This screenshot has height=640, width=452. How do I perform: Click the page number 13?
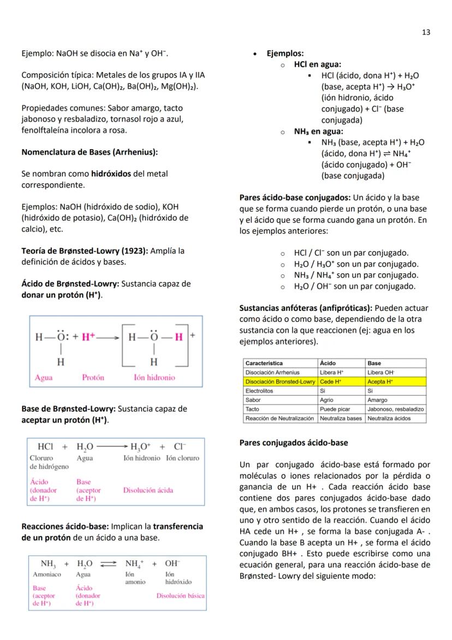[426, 32]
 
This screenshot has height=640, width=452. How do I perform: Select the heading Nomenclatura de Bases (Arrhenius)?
[90, 152]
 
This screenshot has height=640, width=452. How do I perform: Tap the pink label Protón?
[93, 377]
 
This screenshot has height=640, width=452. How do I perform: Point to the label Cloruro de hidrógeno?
[49, 462]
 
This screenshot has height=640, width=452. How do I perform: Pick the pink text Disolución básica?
[180, 595]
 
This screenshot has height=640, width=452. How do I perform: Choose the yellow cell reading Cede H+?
[329, 381]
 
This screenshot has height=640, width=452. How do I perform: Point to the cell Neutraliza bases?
[341, 419]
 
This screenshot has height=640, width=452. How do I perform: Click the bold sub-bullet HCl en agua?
[317, 64]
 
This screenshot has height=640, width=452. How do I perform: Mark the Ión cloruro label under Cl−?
[182, 458]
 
